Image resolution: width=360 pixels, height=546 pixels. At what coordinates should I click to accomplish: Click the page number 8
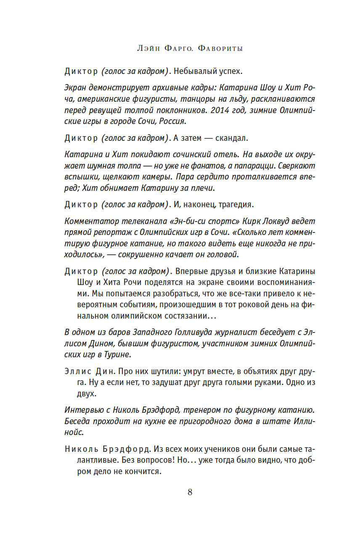click(190, 492)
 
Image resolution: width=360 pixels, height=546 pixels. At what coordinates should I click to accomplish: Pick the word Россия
click(173, 121)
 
